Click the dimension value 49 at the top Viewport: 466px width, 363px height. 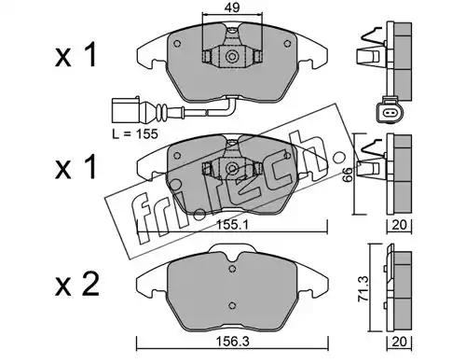(x=232, y=7)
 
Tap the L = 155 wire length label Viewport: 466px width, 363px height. (x=135, y=134)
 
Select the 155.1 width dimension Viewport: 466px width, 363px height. (x=233, y=225)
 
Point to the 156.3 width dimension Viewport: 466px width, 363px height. (x=233, y=342)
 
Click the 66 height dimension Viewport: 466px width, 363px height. (x=349, y=175)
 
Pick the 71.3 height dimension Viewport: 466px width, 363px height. (x=363, y=288)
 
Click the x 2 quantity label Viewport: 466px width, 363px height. (x=77, y=285)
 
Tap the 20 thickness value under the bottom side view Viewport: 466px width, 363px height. (x=399, y=342)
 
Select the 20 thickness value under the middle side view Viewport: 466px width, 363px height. (x=399, y=225)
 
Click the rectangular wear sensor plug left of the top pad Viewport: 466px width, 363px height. (x=125, y=111)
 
